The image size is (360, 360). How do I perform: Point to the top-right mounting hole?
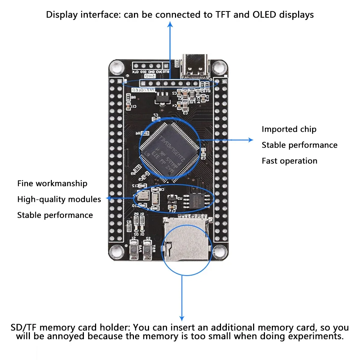pyautogui.click(x=219, y=67)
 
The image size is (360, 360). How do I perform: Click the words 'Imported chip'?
pyautogui.click(x=289, y=129)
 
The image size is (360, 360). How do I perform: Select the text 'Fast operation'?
pyautogui.click(x=289, y=161)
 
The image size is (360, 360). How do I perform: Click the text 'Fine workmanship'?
pyautogui.click(x=52, y=184)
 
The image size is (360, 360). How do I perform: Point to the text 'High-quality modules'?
pyautogui.click(x=59, y=199)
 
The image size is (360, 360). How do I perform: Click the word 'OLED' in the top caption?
pyautogui.click(x=266, y=15)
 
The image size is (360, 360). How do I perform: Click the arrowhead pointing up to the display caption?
pyautogui.click(x=170, y=24)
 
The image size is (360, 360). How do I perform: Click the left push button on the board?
pyautogui.click(x=134, y=249)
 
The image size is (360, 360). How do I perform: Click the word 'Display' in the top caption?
pyautogui.click(x=61, y=15)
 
